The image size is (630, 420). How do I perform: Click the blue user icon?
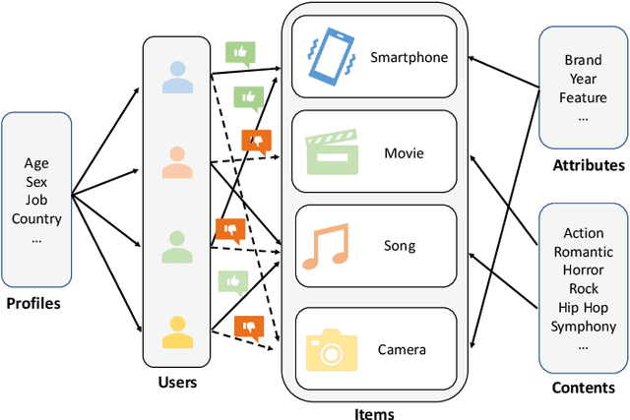tap(177, 78)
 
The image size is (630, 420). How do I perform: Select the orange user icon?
tap(177, 161)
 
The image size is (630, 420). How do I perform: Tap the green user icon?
tap(177, 245)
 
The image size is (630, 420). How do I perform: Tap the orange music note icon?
tap(324, 247)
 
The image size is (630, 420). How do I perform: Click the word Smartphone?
tap(409, 57)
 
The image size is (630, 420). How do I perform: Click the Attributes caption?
tap(588, 165)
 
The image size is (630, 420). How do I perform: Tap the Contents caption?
tap(583, 388)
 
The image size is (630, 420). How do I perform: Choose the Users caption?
tap(177, 381)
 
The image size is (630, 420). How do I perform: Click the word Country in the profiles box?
tap(36, 218)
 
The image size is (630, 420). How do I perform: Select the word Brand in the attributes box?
tap(583, 60)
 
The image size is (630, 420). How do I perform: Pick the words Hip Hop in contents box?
tap(583, 308)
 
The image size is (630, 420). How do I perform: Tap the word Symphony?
tap(583, 327)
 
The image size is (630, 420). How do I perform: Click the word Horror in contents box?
tap(583, 270)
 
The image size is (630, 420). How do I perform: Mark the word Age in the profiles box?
tap(36, 163)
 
